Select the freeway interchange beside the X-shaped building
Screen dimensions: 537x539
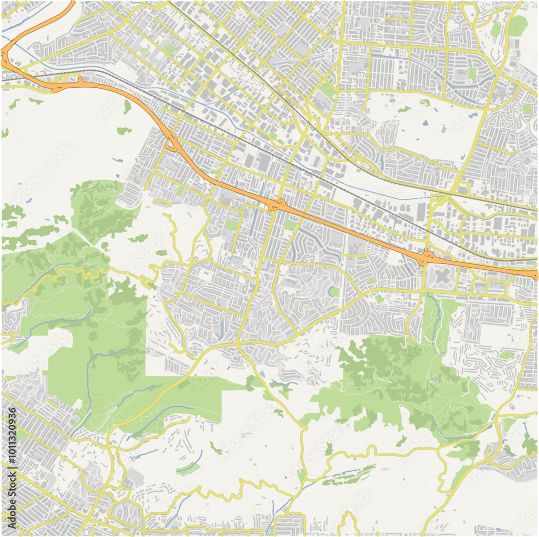(x=426, y=257)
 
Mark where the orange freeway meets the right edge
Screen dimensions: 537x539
(x=535, y=275)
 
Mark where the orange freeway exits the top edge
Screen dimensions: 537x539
(x=72, y=3)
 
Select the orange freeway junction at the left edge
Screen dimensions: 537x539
(x=5, y=58)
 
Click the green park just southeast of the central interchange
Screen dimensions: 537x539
(x=291, y=225)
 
